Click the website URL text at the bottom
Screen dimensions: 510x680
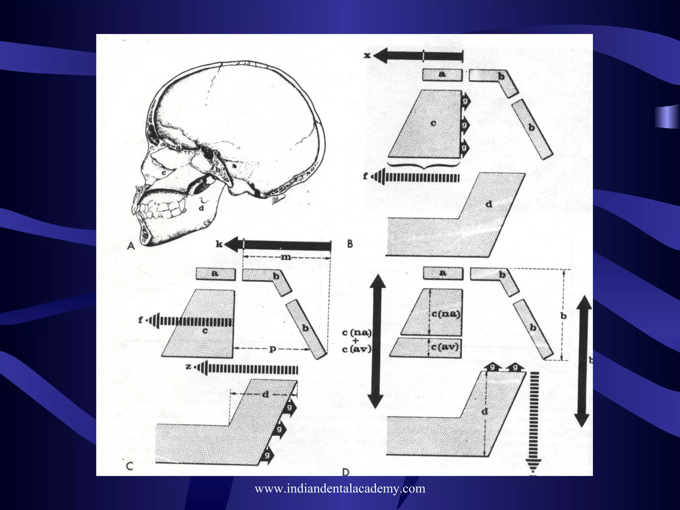click(340, 488)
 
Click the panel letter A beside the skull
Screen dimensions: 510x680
click(131, 246)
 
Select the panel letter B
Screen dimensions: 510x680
click(350, 244)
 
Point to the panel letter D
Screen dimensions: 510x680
click(346, 472)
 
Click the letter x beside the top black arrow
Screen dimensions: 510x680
click(367, 55)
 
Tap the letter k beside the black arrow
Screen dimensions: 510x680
click(219, 244)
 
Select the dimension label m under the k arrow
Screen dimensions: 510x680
click(286, 257)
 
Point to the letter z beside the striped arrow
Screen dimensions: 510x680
click(188, 367)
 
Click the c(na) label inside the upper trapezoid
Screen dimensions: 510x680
click(446, 314)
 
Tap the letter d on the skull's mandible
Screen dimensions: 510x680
click(201, 208)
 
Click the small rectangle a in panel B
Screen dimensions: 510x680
click(442, 74)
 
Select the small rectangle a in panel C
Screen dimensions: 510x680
click(215, 274)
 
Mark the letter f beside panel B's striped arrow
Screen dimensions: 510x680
click(365, 176)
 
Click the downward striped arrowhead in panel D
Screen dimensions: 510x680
click(533, 465)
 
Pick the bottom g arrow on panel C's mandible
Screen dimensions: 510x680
click(267, 455)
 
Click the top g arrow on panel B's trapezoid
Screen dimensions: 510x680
click(465, 100)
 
